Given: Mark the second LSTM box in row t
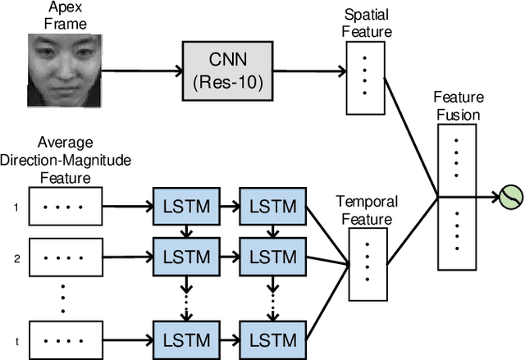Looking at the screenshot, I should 272,338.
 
